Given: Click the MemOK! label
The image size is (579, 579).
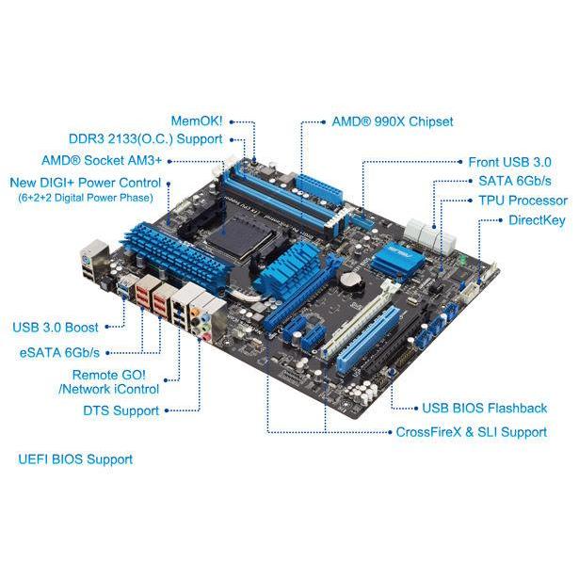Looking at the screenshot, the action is pos(197,121).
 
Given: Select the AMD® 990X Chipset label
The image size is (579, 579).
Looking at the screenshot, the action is pos(393,121).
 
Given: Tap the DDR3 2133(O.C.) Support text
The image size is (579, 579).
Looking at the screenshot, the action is pos(146,139).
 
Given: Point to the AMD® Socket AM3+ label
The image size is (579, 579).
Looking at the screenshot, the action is pos(102,161).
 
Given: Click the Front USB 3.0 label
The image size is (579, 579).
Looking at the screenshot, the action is pos(509,162).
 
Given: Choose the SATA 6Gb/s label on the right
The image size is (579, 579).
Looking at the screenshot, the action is pos(515,181).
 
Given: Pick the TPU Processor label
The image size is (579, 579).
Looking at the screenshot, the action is pos(523,201).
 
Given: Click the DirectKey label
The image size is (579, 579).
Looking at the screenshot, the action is pos(537,220).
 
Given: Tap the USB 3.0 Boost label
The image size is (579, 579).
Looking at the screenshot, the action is pos(56,328).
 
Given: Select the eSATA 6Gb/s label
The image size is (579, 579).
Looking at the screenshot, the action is pos(59,353).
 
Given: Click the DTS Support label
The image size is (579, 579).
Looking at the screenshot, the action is pos(121,410).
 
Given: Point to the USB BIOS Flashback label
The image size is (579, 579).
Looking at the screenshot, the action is pos(485,408).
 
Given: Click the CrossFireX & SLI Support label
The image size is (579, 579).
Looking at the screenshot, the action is pos(471,432).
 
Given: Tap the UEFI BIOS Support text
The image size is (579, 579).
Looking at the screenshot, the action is pos(75,459).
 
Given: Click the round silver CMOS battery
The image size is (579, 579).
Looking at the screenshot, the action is pos(350,280).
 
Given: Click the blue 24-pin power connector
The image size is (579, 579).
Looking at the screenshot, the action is pos(318,190).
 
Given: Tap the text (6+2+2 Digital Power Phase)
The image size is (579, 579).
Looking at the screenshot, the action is pos(86,198).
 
